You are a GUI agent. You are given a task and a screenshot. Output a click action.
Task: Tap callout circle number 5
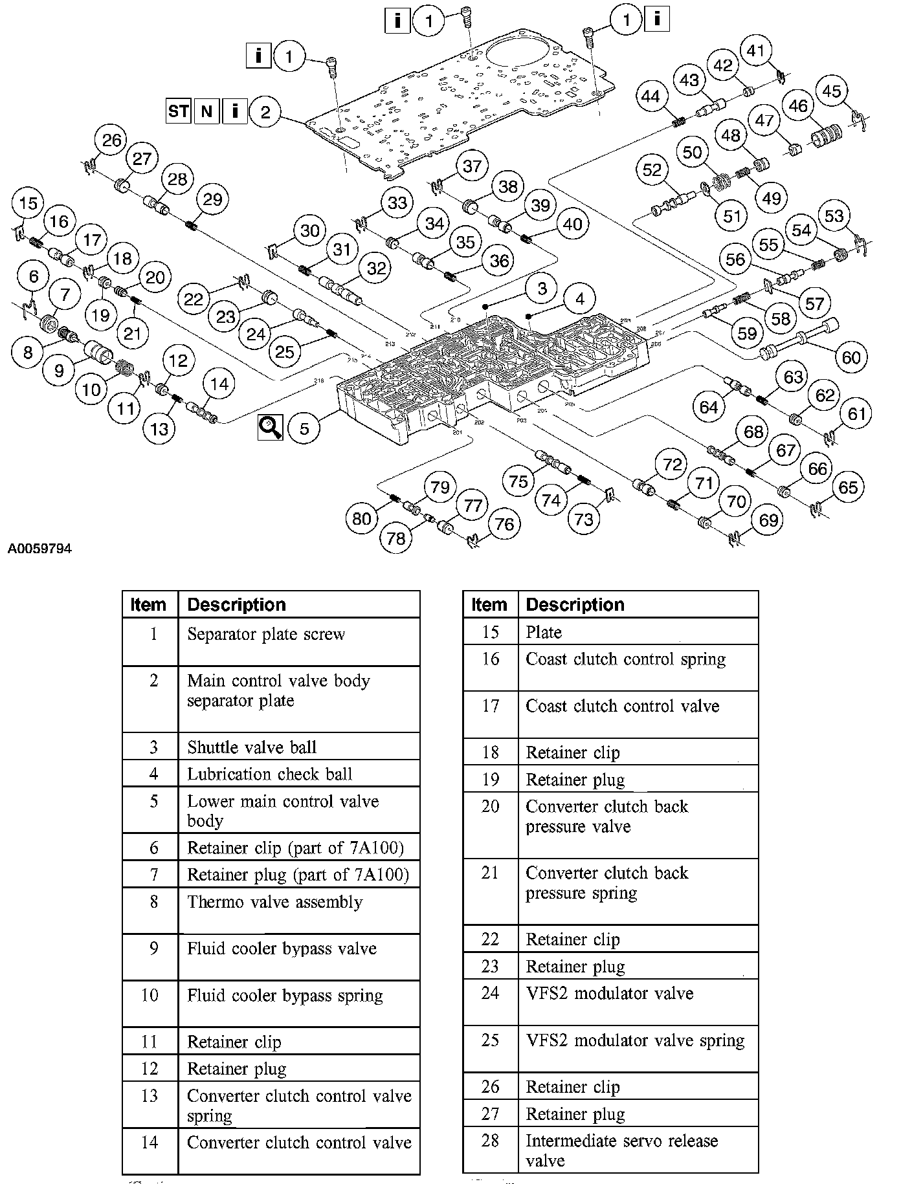click(x=304, y=428)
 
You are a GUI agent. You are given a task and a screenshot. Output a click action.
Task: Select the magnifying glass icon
click(x=270, y=428)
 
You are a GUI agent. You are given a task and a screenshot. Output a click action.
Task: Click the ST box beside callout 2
click(x=178, y=111)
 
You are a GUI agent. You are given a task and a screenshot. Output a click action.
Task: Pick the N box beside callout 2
click(x=206, y=111)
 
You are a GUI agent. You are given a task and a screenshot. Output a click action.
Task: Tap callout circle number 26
click(x=111, y=140)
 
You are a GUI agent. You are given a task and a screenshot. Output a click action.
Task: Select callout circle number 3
click(x=542, y=289)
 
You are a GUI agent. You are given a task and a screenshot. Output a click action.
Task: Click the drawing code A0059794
click(x=40, y=549)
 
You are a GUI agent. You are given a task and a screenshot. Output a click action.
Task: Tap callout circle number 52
click(x=652, y=170)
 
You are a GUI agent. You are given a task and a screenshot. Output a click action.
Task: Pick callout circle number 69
click(x=768, y=520)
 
